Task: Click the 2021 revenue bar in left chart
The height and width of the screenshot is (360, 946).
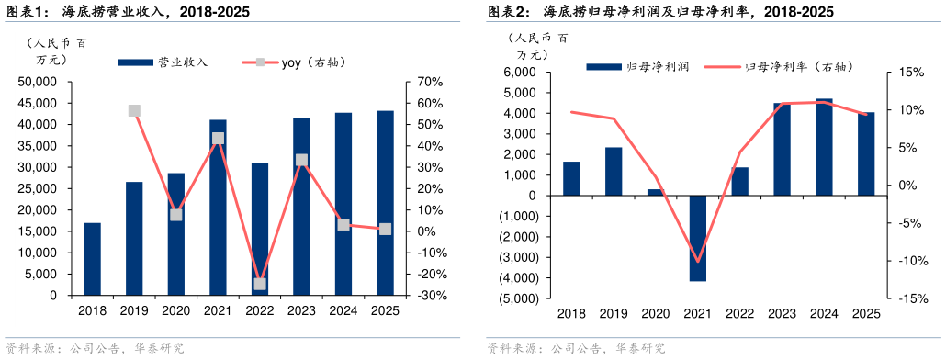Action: click(218, 208)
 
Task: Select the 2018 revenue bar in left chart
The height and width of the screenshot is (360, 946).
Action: click(92, 259)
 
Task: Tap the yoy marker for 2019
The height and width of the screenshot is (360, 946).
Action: click(134, 111)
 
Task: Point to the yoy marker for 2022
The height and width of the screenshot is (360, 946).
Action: click(260, 284)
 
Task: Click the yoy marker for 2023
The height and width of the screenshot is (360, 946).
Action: click(301, 160)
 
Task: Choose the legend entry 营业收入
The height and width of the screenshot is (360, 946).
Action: click(165, 62)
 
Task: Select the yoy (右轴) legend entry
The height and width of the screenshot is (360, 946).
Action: click(294, 62)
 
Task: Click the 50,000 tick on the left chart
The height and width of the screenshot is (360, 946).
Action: click(38, 82)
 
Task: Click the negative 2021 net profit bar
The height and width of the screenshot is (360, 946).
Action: click(698, 238)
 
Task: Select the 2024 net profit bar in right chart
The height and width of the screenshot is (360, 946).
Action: click(824, 147)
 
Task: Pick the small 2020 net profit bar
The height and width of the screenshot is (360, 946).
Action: click(656, 192)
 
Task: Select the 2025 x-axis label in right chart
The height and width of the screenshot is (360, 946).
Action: click(866, 313)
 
